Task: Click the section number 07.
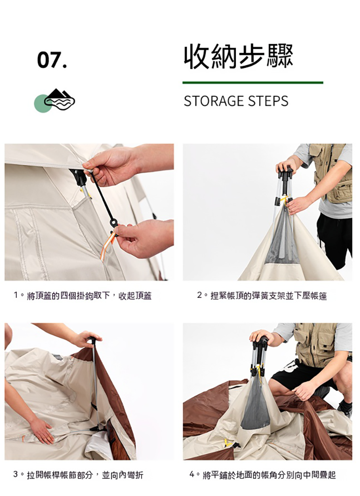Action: pyautogui.click(x=52, y=60)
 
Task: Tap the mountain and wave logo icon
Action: pyautogui.click(x=55, y=100)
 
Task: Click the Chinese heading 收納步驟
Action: pyautogui.click(x=238, y=57)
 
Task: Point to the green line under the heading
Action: pyautogui.click(x=253, y=82)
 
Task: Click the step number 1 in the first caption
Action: pyautogui.click(x=16, y=295)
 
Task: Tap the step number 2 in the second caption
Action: pyautogui.click(x=199, y=295)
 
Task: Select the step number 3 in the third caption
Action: pyautogui.click(x=16, y=474)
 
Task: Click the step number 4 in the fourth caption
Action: pyautogui.click(x=192, y=474)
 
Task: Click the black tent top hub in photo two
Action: pyautogui.click(x=286, y=175)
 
